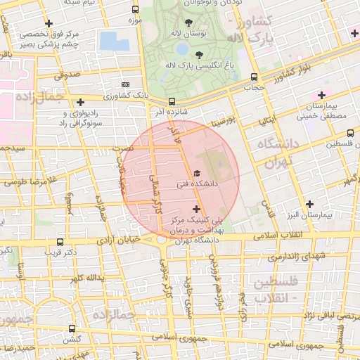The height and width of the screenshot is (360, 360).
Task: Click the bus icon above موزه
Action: coord(135,10)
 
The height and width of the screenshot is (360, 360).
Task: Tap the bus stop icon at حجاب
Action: coord(255,78)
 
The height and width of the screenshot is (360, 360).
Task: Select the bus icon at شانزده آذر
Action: coord(172,101)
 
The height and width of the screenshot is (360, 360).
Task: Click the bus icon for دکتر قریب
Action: coord(60,241)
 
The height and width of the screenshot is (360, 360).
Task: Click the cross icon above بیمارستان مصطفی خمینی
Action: coord(322,95)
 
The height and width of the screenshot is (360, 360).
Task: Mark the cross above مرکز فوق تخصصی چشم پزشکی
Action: coord(49,23)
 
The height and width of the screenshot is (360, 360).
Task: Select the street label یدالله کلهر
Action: coord(86,279)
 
